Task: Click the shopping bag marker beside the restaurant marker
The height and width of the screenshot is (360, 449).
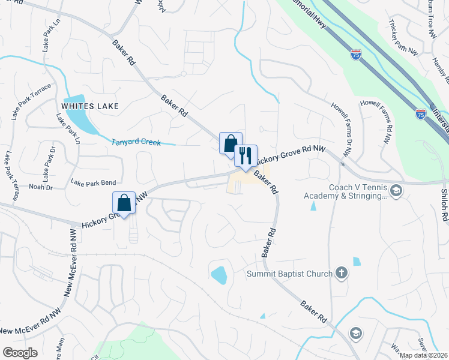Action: pos(231,144)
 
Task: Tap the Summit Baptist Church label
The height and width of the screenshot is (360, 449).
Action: pos(290,274)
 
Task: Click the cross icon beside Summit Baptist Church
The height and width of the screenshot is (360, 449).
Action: pos(342,274)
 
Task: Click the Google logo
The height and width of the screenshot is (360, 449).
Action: pos(20,353)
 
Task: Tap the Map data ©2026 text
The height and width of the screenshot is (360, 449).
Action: pos(423,355)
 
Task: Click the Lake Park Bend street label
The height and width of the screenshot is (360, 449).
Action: pos(93,182)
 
